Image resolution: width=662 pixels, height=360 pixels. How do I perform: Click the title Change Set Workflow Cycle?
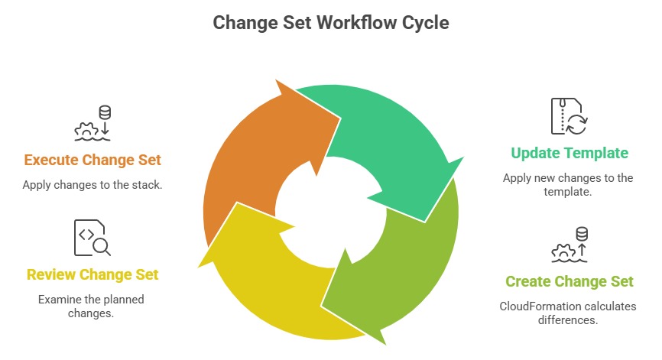tap(330, 23)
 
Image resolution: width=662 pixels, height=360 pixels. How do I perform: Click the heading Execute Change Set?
tap(92, 160)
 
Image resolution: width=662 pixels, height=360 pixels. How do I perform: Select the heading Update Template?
tap(569, 153)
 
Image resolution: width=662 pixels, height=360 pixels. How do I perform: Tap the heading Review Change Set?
tap(92, 274)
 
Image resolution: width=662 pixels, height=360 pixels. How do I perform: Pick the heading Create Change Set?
tap(570, 281)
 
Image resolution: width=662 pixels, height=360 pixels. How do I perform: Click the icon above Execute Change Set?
tap(92, 124)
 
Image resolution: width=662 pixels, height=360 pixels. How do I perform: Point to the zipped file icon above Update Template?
tap(569, 116)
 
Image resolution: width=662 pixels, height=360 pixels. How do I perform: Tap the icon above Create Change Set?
tap(570, 245)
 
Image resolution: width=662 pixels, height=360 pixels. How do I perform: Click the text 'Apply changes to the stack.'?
tap(92, 184)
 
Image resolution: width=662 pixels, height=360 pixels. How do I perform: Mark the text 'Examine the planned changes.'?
tap(92, 306)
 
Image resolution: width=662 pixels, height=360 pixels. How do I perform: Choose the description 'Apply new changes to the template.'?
tap(569, 185)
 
